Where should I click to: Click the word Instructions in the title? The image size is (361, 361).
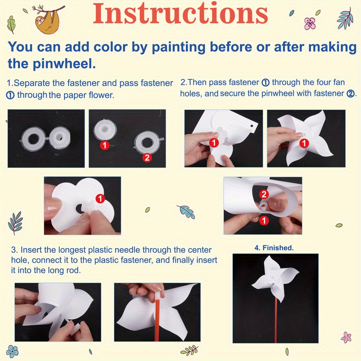coord(180,14)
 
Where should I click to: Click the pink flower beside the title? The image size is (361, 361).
coord(310,23)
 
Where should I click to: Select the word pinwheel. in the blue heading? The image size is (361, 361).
coord(64,64)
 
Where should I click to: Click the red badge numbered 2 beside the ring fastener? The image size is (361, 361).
coord(147,157)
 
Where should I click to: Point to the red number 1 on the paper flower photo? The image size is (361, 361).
coord(100,199)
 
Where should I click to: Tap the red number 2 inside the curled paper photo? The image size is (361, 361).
coord(264,194)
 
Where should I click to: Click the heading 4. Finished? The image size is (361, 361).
coord(274,248)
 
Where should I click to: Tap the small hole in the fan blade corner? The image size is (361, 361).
coord(252,126)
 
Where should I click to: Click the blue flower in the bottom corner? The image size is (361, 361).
coord(12,351)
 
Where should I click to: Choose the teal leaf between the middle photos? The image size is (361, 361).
coord(186,211)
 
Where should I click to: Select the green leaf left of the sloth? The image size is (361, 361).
coord(11,25)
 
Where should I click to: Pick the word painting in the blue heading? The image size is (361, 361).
coord(179,47)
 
